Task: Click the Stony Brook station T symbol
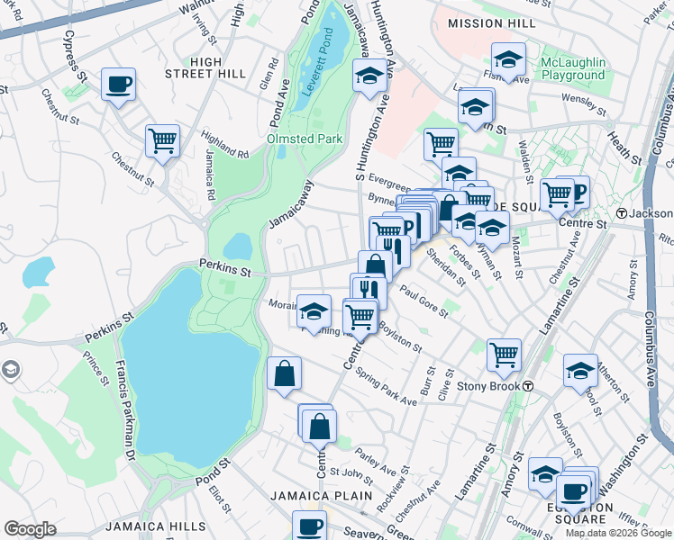[x=530, y=386]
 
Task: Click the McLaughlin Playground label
[x=572, y=68]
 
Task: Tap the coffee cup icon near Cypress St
[x=119, y=85]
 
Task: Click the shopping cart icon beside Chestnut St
[x=162, y=140]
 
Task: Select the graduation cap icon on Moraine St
[x=314, y=311]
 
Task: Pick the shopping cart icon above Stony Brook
[x=504, y=354]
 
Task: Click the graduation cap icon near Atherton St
[x=580, y=370]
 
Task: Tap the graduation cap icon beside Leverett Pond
[x=369, y=77]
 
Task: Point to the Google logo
[x=31, y=529]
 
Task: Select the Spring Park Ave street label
[x=386, y=388]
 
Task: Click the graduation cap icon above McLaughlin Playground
[x=508, y=60]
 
